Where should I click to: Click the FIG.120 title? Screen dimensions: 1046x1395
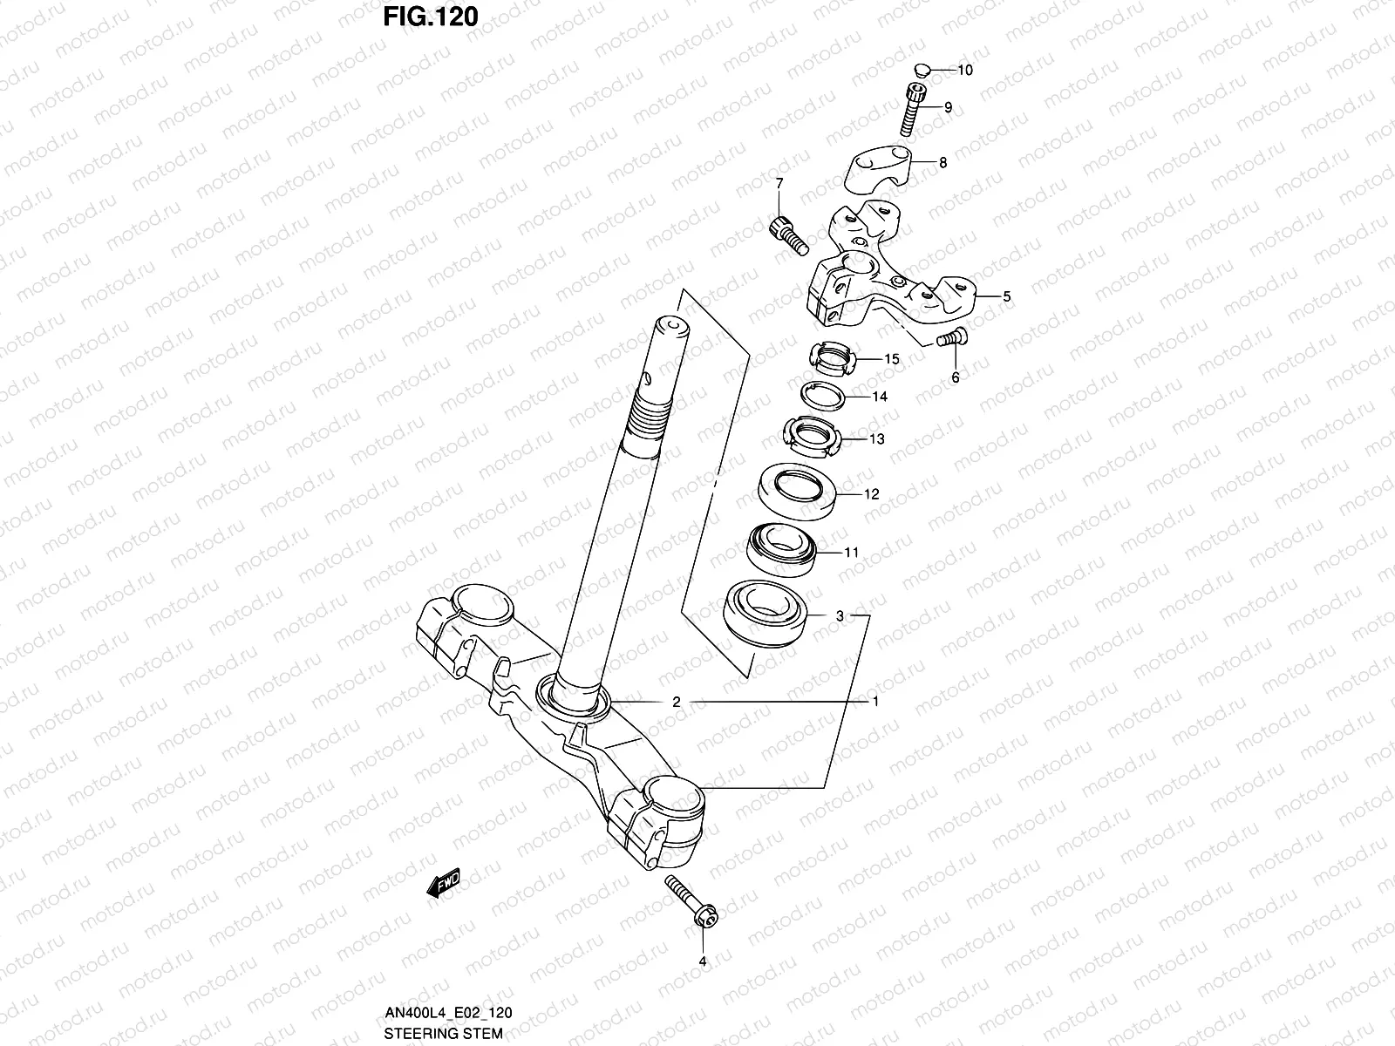coord(431,17)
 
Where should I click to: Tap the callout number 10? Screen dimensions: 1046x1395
coord(965,70)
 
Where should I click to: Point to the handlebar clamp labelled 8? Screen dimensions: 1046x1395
coord(890,168)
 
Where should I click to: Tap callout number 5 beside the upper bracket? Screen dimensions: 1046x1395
coord(1006,296)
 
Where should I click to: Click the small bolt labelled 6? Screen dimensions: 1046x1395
coord(949,337)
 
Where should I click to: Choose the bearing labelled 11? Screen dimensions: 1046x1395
coord(781,549)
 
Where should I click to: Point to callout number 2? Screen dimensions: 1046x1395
coord(676,702)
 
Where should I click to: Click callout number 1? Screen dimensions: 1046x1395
coord(875,702)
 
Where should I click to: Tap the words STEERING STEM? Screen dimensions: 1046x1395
coord(443,1034)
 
